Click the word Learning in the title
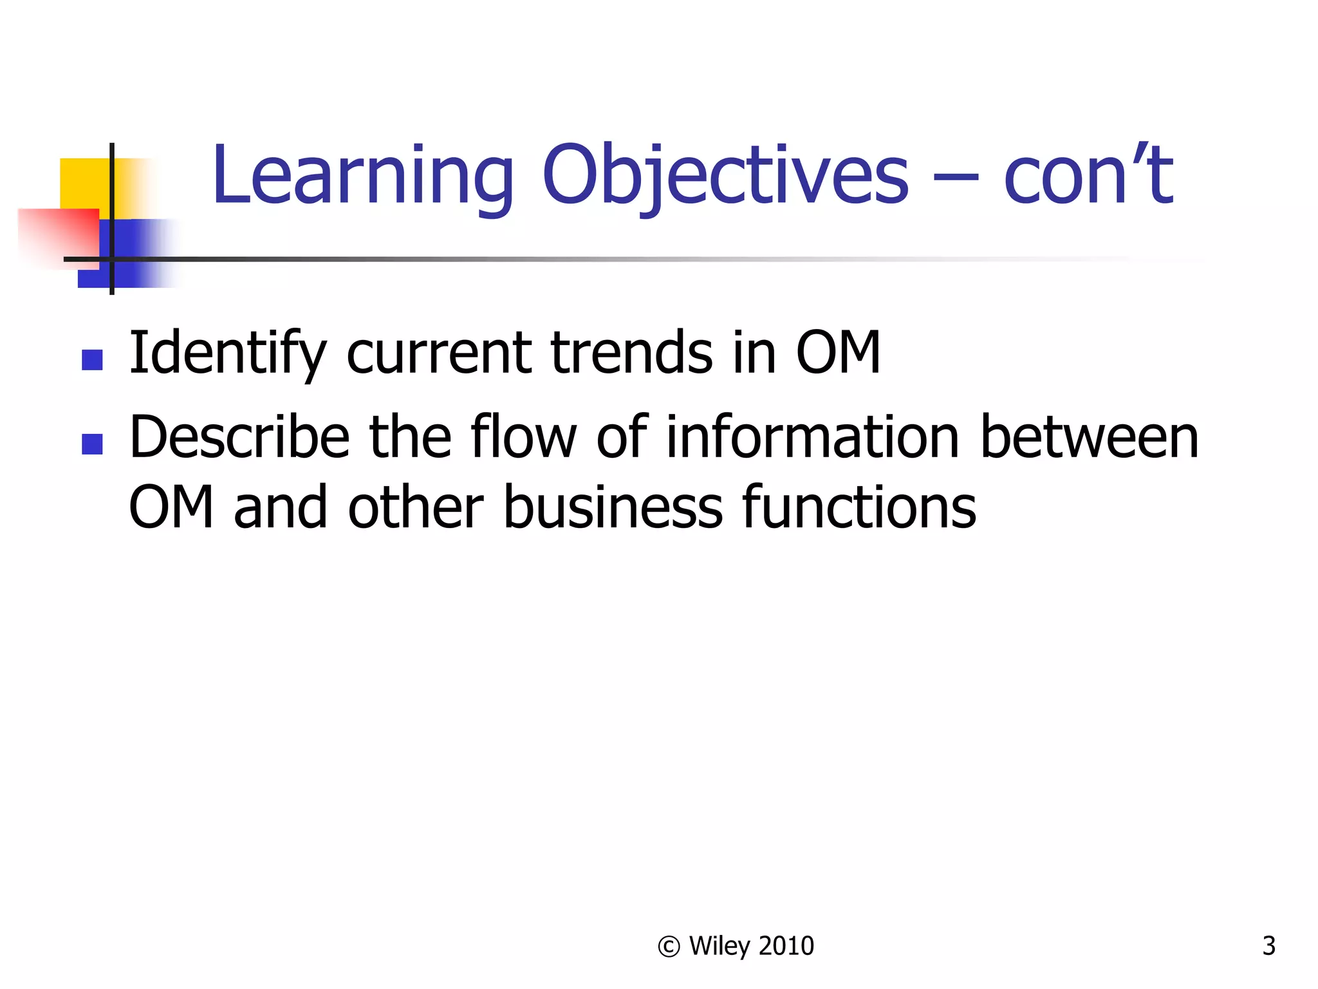362,175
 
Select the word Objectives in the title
725,175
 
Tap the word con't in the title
1088,175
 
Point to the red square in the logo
58,235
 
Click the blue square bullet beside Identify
93,360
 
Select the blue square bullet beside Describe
93,444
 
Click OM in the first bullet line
838,353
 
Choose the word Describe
239,437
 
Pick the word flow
523,437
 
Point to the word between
1090,437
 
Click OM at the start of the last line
171,508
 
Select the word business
613,508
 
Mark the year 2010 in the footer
786,946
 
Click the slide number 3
1268,946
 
